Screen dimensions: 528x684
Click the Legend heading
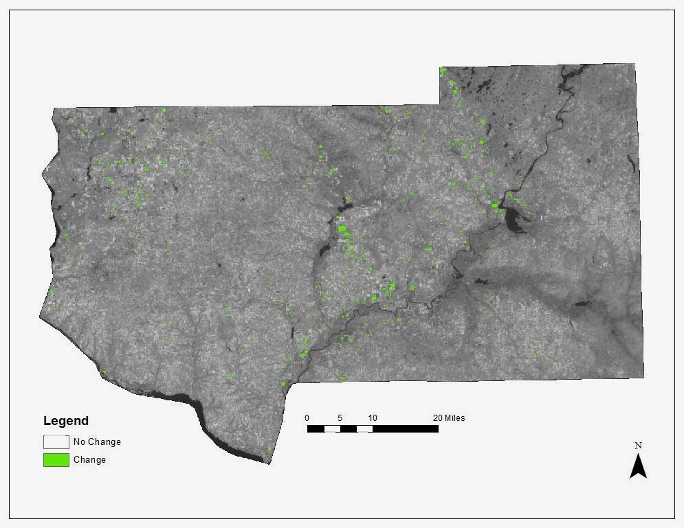tap(66, 421)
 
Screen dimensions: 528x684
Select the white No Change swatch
tap(56, 441)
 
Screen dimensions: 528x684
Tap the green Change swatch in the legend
tap(56, 459)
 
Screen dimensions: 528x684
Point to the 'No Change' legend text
tap(97, 442)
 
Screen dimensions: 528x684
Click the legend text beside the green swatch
tap(89, 460)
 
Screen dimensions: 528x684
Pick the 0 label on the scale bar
tap(307, 418)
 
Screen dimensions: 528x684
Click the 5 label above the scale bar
tap(340, 418)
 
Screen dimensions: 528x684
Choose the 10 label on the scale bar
tap(372, 418)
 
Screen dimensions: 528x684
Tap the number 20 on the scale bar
tap(438, 418)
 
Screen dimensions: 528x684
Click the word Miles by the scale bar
tap(455, 418)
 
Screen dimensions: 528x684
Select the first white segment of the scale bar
tap(332, 428)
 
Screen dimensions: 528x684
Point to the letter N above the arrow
tap(639, 446)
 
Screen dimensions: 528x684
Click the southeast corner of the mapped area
tap(644, 377)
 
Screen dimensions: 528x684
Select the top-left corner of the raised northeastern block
tap(441, 68)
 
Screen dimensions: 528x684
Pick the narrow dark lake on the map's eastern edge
tap(632, 163)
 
